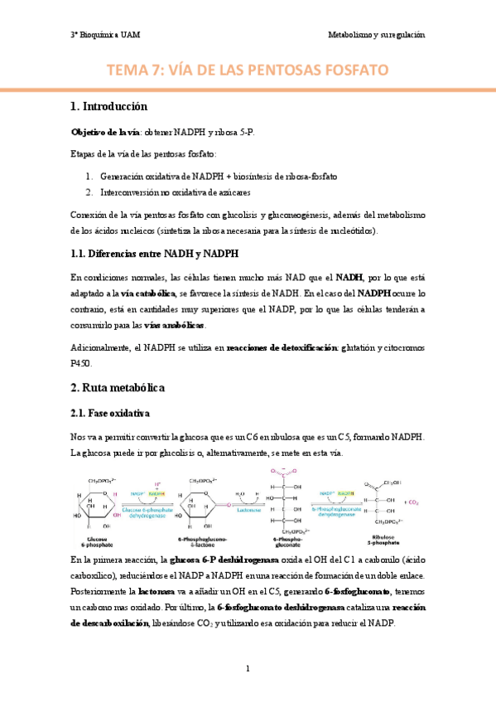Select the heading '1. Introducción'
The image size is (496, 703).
[x=108, y=106]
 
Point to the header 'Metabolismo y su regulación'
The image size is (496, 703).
[x=376, y=36]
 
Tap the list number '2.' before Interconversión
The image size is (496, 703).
[x=90, y=192]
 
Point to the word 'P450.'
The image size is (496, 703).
[x=82, y=362]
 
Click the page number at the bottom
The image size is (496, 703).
[x=248, y=667]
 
